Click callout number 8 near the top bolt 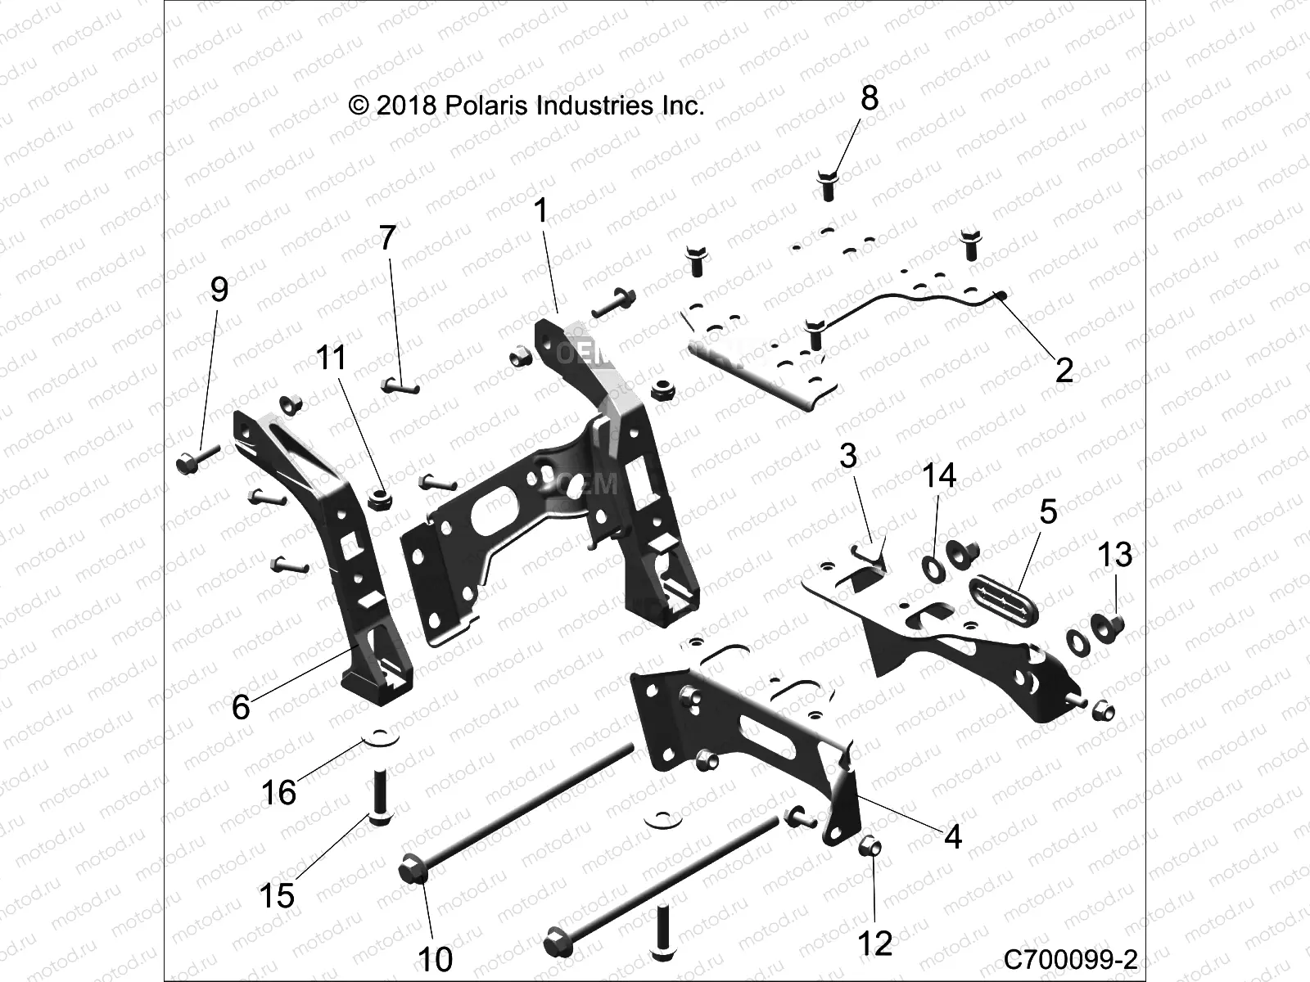tap(869, 98)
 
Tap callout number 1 tap(540, 211)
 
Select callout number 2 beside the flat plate tap(1064, 370)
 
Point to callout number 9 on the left tap(219, 289)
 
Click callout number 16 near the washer tap(278, 791)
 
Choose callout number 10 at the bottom tap(435, 958)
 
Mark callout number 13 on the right tap(1114, 555)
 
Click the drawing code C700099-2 tap(1071, 958)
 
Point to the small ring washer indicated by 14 tap(932, 565)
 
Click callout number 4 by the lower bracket tap(952, 836)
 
